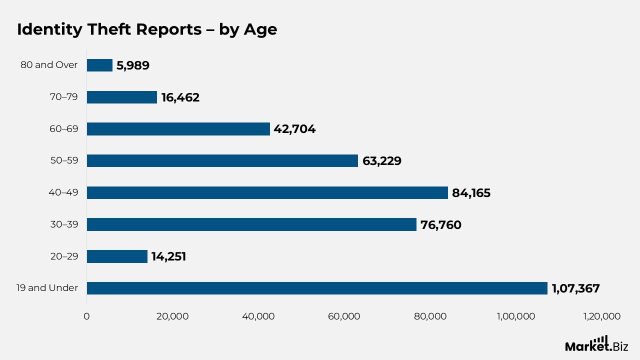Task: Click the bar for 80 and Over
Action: coord(99,65)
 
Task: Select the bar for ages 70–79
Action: coord(122,97)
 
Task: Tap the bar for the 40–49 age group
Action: coord(267,192)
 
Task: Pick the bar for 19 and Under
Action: coord(317,288)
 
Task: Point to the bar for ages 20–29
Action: coord(117,256)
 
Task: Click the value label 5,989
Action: coord(133,65)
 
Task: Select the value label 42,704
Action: coord(294,129)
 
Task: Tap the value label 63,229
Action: coord(381,161)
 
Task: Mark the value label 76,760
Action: coord(441,225)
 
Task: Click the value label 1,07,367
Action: coord(575,288)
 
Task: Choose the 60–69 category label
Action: coord(64,128)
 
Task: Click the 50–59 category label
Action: coord(64,160)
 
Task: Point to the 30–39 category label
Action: coord(64,224)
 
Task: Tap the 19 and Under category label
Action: coord(49,288)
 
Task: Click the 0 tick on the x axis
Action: coord(86,316)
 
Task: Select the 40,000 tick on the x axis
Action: coord(258,316)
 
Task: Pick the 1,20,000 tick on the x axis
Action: coord(601,316)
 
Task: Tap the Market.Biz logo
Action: coord(596,344)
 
